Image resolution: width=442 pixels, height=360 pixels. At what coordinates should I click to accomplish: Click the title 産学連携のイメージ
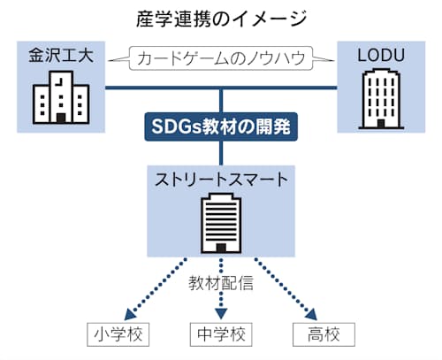(221, 19)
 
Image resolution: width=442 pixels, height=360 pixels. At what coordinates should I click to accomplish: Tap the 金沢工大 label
(61, 55)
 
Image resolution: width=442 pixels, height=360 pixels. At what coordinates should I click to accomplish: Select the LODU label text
(381, 55)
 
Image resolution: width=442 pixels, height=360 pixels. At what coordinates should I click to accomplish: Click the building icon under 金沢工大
(61, 97)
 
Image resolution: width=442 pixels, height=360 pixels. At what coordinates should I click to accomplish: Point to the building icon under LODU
(381, 99)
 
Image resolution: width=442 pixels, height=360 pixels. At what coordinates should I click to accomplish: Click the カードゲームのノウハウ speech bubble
(221, 58)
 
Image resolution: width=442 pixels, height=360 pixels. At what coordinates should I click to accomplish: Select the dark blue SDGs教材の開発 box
(221, 126)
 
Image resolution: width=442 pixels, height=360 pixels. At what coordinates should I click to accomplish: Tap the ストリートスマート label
(221, 180)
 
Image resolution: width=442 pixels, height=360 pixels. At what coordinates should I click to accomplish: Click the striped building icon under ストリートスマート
(221, 224)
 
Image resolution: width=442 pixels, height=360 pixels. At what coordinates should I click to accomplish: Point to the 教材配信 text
(221, 283)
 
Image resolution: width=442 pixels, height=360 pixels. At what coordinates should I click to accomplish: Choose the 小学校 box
(118, 334)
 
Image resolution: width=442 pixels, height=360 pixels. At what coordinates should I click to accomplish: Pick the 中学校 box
(221, 334)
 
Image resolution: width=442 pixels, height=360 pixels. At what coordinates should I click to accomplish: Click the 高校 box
(324, 334)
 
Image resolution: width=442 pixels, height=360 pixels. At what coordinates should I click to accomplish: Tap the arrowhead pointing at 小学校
(129, 315)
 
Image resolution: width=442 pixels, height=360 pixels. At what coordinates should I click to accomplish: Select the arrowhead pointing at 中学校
(221, 314)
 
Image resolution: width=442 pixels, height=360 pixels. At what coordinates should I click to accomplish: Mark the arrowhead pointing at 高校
(312, 315)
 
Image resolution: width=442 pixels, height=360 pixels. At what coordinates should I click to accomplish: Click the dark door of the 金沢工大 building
(61, 119)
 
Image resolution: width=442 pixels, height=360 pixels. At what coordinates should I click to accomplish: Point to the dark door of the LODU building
(381, 124)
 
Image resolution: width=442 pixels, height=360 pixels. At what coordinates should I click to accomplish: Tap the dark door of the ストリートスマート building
(221, 249)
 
